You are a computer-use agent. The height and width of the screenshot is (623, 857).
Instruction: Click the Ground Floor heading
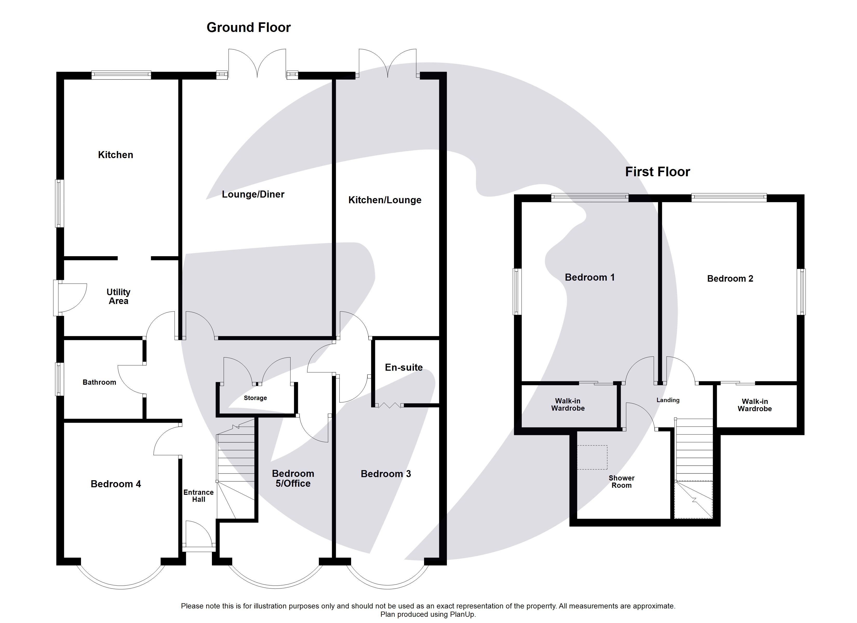[248, 28]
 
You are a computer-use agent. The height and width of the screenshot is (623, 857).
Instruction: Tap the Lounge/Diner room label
[253, 194]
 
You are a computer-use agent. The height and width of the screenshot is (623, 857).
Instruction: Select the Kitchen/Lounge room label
[385, 200]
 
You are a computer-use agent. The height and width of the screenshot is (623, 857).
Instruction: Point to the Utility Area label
[118, 297]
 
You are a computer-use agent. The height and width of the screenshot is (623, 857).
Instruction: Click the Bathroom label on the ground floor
[99, 382]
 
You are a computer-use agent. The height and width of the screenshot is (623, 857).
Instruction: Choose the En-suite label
[404, 367]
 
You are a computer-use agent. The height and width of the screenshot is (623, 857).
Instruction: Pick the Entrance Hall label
[198, 496]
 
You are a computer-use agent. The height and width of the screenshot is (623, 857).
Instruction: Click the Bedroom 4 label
[116, 484]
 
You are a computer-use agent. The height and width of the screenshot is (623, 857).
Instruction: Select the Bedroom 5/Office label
[293, 478]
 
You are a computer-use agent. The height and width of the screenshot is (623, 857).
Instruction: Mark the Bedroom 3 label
[385, 474]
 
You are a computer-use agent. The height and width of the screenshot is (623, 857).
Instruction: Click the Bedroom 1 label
[590, 277]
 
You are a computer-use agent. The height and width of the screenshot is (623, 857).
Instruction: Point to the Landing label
[668, 400]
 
